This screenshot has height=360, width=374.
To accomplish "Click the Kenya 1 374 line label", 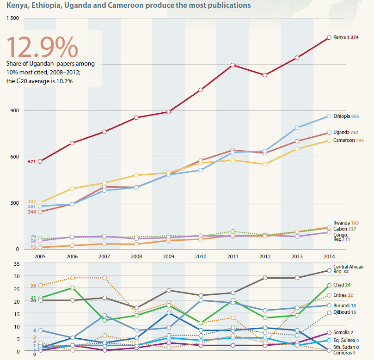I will (346, 37).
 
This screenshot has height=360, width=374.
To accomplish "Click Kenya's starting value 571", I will (32, 161).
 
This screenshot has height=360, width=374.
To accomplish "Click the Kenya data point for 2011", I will (233, 65).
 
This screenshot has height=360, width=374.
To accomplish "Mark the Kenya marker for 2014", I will (329, 37).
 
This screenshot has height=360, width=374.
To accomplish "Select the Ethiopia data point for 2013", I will (297, 128).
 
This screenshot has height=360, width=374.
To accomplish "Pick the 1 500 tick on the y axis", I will (13, 18).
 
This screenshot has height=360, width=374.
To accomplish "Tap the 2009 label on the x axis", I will (169, 256).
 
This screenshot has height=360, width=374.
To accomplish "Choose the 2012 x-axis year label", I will (265, 256).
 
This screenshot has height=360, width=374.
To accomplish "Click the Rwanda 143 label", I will (346, 223).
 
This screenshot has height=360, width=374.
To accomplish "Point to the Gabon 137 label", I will (345, 229).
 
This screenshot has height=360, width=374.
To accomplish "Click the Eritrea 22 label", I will (343, 295).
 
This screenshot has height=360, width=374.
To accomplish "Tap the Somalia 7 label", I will (343, 332).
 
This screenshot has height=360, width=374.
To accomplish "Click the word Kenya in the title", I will (17, 5).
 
